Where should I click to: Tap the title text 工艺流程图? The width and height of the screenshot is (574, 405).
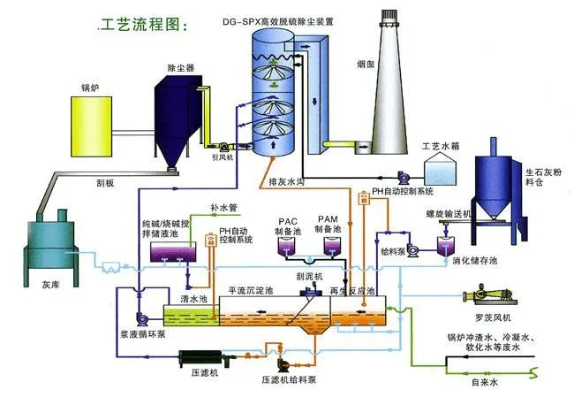(x=142, y=24)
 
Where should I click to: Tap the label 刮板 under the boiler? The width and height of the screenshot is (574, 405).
(x=104, y=185)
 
